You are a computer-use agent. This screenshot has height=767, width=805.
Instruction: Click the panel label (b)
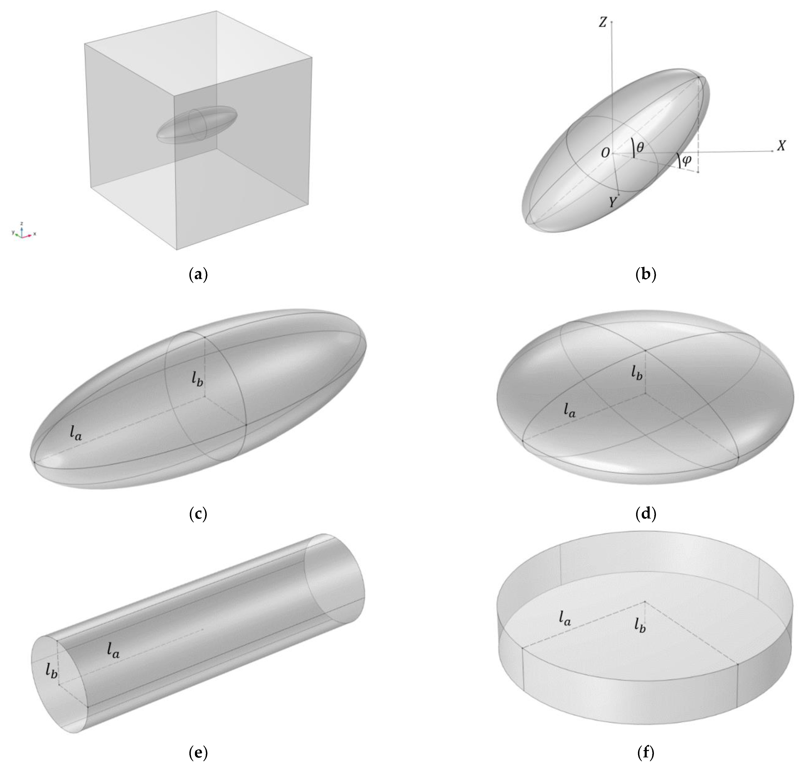point(646,274)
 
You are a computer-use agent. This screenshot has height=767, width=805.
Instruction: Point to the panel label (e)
point(199,752)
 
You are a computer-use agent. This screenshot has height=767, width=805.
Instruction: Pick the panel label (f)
point(646,752)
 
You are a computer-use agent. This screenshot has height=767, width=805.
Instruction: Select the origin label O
point(605,153)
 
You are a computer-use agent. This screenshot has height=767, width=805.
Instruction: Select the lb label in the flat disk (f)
point(640,625)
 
